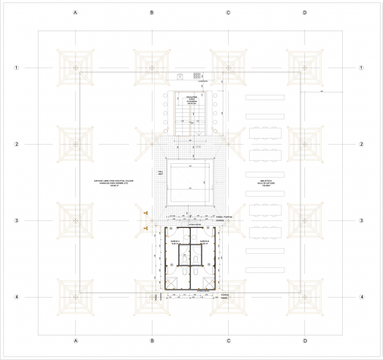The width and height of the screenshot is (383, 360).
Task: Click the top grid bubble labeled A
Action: tap(76, 13)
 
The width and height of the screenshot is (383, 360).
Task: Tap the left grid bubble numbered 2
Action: tap(17, 145)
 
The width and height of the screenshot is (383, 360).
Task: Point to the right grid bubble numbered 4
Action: tap(362, 297)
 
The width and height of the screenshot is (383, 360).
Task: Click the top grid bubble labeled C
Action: tap(229, 13)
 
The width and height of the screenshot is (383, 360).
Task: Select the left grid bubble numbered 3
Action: tap(17, 221)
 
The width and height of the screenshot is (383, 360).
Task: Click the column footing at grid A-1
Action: tap(76, 68)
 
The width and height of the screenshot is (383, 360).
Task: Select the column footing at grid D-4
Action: tap(305, 297)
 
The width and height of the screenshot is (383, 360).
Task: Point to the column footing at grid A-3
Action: tap(76, 221)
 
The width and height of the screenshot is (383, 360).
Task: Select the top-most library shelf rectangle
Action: tap(265, 97)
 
